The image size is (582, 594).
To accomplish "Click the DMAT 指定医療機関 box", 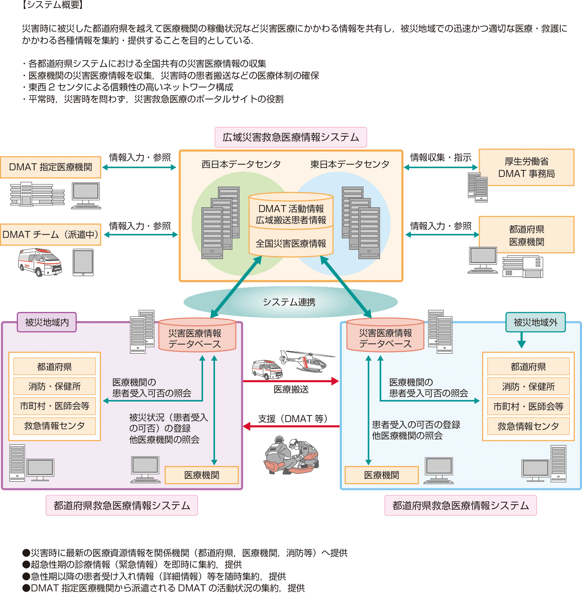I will point(51,167).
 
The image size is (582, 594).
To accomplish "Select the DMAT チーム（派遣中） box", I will point(51,235).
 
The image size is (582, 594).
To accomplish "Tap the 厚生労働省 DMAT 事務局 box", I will point(526,167).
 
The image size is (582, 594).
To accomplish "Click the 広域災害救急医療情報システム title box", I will point(291,137).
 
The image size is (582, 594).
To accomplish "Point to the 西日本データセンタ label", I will point(241,164).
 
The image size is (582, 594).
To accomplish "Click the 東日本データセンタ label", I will point(349,164).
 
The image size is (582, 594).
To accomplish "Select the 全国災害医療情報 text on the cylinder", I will point(291,243).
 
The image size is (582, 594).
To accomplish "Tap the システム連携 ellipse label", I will point(289,302).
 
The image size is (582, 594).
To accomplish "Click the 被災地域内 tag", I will point(47,322).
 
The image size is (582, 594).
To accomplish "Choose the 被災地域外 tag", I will point(535,322).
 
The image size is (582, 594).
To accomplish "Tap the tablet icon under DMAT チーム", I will point(83,262).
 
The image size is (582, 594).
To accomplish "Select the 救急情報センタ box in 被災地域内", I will point(54,426).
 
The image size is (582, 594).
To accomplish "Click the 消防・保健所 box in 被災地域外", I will point(528,386).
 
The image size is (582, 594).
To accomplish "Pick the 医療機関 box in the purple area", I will point(201,475).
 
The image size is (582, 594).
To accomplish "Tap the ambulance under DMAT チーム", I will point(40,262).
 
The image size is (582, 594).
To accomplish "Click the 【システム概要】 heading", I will point(52,5).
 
